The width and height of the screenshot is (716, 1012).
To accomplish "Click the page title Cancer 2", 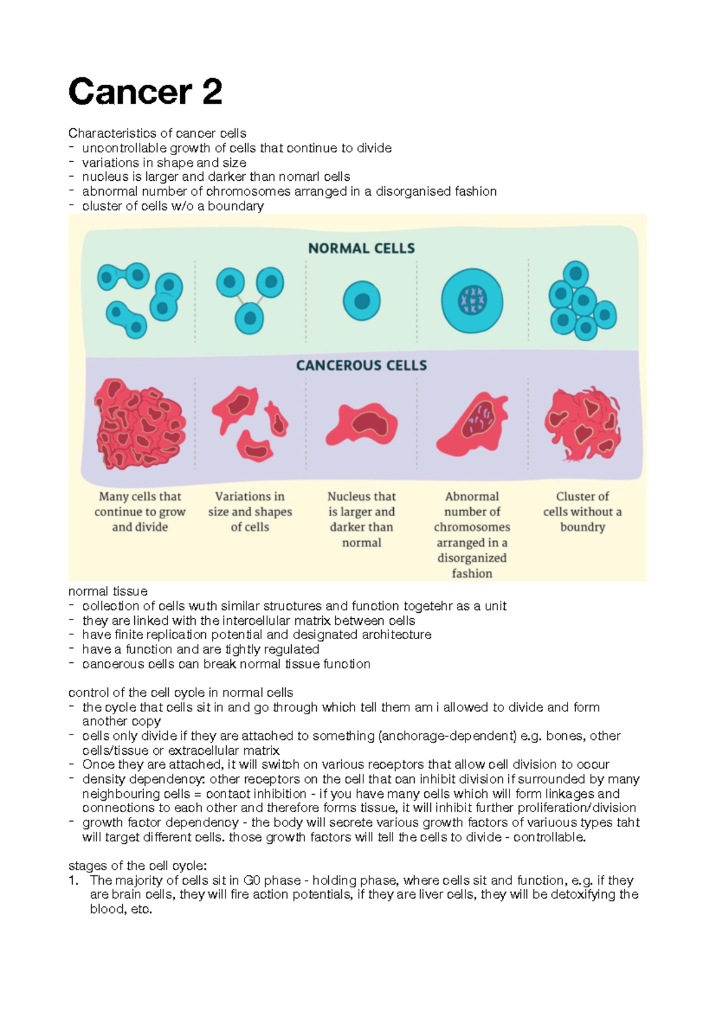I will (x=146, y=92).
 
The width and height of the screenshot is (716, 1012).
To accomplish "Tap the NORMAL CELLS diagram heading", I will (x=362, y=248).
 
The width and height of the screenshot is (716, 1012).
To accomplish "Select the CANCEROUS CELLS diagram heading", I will (x=362, y=365).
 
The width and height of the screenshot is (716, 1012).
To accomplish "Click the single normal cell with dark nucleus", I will (x=362, y=301).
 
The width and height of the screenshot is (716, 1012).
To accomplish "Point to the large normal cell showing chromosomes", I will (x=472, y=301).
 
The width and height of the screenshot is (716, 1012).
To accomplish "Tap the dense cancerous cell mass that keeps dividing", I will (x=140, y=424).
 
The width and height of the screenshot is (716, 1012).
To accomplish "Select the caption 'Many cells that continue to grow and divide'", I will (x=140, y=511).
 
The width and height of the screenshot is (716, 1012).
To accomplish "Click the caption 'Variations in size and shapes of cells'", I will (x=250, y=511).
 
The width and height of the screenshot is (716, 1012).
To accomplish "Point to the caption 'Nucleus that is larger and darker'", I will (x=362, y=519).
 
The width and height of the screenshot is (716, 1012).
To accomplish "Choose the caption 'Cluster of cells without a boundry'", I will (x=582, y=511).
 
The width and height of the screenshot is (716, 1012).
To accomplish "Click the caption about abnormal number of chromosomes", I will (x=472, y=535).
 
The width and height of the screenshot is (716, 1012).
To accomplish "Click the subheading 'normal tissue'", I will (x=108, y=591).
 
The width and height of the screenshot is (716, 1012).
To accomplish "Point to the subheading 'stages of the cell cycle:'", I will (x=138, y=866).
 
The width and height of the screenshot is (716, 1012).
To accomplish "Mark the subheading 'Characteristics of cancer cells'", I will (x=158, y=133).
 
